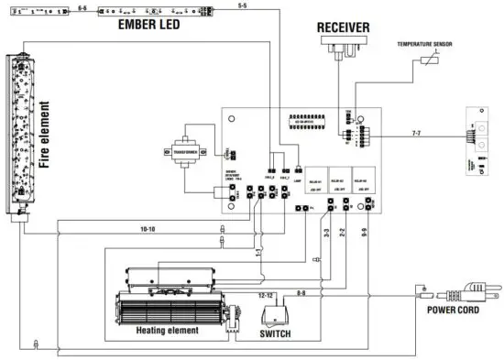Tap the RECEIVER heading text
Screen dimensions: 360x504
[x=343, y=27]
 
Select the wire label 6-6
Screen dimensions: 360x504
[x=82, y=6]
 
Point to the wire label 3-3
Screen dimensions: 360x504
[x=323, y=235]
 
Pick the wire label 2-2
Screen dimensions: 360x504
[x=342, y=235]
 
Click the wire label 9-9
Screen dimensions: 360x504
[x=365, y=235]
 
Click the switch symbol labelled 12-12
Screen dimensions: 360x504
[x=272, y=314]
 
